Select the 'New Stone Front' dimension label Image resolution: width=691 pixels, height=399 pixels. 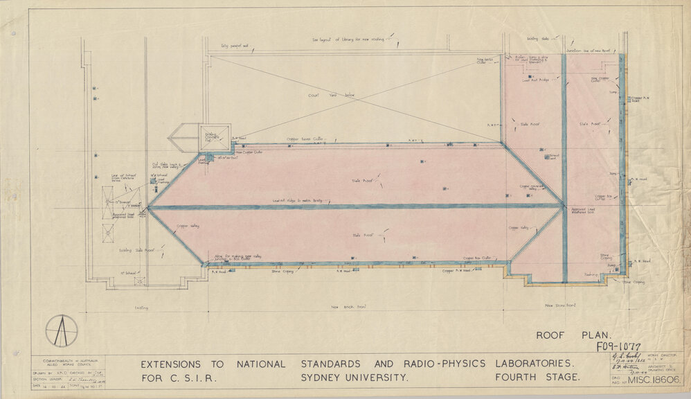point(562,305)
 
